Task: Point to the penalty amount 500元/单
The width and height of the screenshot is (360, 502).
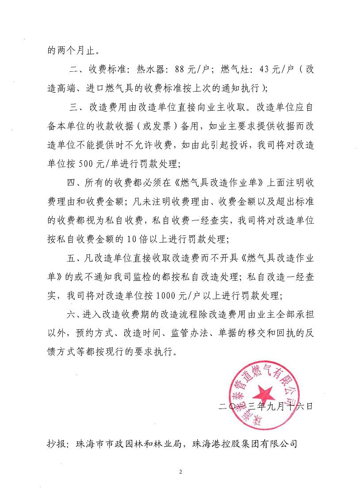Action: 94,164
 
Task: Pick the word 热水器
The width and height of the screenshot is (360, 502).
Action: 149,70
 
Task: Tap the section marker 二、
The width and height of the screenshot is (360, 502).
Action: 76,70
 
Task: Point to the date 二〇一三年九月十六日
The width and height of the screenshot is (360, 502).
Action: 266,405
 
